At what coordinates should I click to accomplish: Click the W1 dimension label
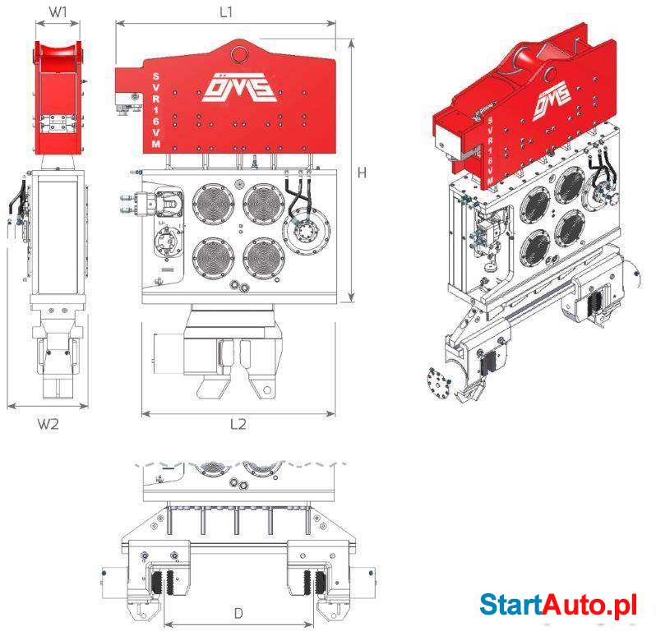[58, 12]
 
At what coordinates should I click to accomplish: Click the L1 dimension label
[226, 12]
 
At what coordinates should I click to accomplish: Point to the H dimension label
[362, 173]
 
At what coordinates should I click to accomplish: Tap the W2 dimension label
[49, 424]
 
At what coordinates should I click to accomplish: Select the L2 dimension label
[238, 424]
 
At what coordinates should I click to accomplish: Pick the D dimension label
[238, 614]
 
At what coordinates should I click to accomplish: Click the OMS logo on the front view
[239, 87]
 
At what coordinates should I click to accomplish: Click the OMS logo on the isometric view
[552, 99]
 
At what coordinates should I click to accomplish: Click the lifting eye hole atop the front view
[239, 54]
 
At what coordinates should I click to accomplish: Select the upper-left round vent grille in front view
[214, 203]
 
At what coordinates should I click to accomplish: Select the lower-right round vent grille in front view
[264, 258]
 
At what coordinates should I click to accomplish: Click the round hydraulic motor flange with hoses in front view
[306, 229]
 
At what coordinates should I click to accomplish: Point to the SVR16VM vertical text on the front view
[155, 110]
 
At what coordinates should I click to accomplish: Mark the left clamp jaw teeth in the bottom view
[164, 582]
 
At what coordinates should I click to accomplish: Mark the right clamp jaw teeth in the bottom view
[315, 582]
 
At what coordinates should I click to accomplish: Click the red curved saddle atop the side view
[58, 54]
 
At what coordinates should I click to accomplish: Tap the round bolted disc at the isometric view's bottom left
[439, 381]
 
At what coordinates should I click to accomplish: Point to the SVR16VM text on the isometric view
[490, 150]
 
